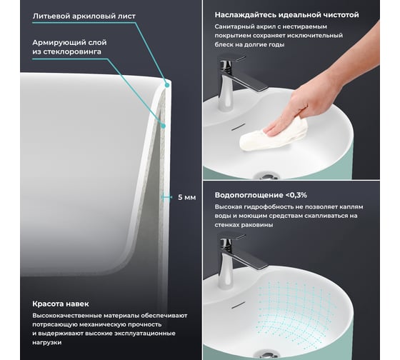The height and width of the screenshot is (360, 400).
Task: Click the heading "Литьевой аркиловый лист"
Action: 84,16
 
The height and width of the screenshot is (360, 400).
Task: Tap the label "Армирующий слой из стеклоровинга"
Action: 69,47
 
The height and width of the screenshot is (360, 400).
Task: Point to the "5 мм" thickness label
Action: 186,197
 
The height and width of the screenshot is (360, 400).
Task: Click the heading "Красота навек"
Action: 61,304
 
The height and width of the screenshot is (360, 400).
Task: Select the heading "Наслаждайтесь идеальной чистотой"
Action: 286,15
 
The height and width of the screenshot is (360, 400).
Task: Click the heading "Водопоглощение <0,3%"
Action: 261,195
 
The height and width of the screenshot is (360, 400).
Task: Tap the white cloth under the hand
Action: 273,135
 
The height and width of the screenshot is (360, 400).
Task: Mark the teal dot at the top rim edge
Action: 167,85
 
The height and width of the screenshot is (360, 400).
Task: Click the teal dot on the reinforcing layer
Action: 164,126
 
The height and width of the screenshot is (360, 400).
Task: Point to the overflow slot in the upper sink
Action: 238,126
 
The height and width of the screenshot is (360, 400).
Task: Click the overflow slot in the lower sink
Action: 238,304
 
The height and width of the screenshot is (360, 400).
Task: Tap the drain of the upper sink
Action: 266,176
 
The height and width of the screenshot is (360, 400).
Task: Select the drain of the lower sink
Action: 266,354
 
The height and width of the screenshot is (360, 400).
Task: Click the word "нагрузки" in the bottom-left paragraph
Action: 47,342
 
